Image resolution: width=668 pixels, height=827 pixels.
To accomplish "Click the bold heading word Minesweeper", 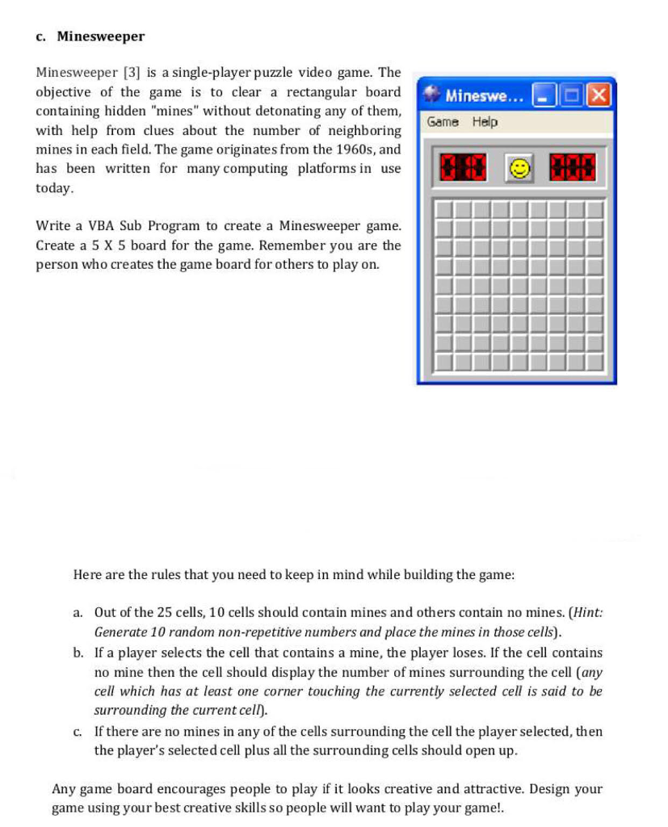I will click(101, 36).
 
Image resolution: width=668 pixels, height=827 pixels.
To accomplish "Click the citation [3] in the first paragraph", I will click(132, 73).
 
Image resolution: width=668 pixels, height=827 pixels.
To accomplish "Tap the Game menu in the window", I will click(443, 122).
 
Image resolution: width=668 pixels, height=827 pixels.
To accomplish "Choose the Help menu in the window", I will click(485, 122).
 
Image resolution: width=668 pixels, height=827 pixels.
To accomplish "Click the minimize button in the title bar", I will click(545, 96).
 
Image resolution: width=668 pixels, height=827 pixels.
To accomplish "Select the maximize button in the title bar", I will click(572, 96).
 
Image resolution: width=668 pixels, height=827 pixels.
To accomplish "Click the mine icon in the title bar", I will click(432, 95).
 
